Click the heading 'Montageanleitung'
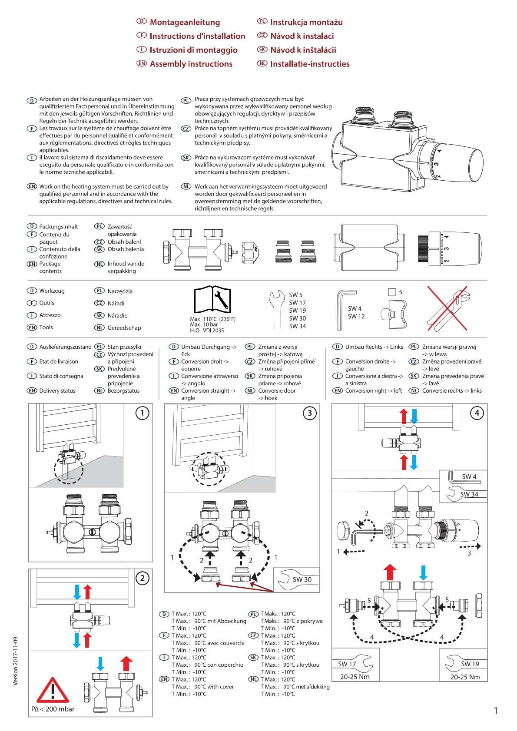[x=185, y=22]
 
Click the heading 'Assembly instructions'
[x=191, y=64]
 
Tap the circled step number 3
[x=309, y=413]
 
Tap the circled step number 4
[x=477, y=413]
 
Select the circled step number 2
[x=142, y=578]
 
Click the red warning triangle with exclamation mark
[x=53, y=691]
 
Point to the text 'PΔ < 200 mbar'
[x=53, y=709]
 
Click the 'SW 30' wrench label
[x=302, y=579]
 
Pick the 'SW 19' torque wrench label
[x=470, y=664]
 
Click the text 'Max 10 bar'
[x=204, y=324]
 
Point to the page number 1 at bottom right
[x=496, y=711]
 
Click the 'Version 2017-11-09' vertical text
[x=16, y=661]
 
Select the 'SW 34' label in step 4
[x=469, y=494]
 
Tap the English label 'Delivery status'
[x=57, y=390]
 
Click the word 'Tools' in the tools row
[x=46, y=327]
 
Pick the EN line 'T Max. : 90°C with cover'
[x=202, y=687]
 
